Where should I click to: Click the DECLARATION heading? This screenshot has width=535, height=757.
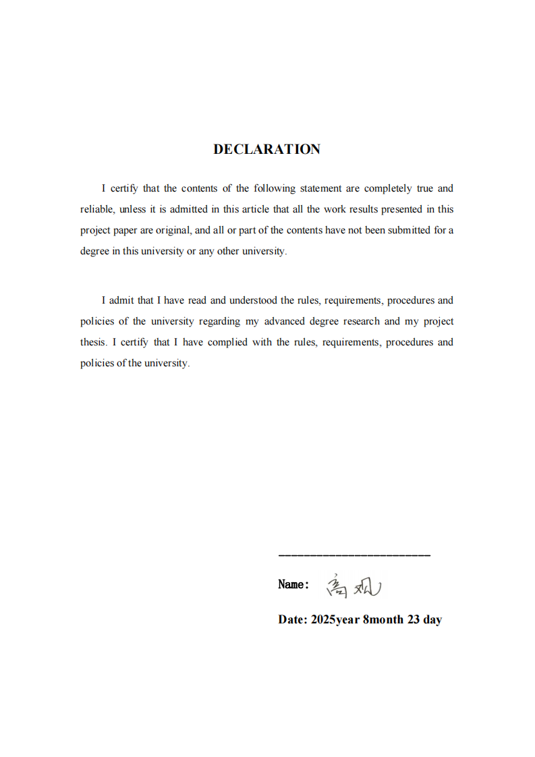pos(267,150)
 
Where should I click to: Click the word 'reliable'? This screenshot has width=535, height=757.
pos(96,210)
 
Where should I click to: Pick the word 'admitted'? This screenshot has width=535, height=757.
pos(189,210)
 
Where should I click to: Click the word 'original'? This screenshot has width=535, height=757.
pos(173,230)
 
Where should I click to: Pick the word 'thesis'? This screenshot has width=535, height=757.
pos(93,342)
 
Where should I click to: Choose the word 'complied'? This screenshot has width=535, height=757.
pos(228,342)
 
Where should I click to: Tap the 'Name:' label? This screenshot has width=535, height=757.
pos(293,585)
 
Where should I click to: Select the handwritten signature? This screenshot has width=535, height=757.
pos(354,586)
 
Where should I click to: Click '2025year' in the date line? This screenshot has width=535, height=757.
pos(335,620)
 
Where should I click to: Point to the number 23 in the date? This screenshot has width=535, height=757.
pos(414,620)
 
